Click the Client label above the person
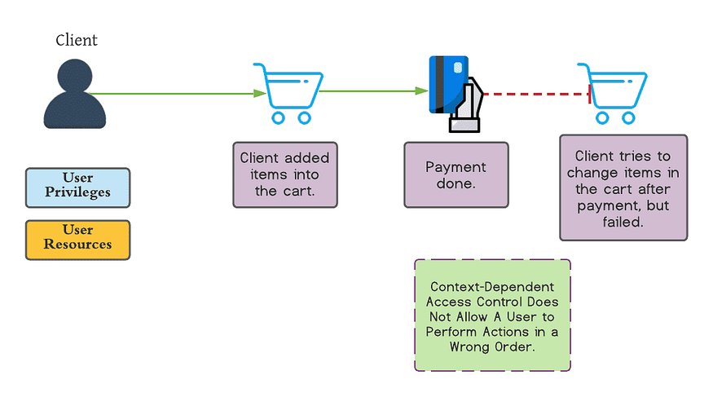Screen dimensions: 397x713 77,40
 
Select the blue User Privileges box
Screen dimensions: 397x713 77,187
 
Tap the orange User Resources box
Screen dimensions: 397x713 77,239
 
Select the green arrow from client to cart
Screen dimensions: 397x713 179,94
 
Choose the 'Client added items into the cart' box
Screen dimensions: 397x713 284,174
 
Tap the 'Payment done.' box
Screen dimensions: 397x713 456,174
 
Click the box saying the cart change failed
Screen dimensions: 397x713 623,187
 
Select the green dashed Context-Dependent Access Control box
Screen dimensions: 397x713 492,315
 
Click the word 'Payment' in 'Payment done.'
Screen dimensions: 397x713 456,166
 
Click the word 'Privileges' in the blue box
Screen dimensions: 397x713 77,192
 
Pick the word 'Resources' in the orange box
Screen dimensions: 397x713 77,245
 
